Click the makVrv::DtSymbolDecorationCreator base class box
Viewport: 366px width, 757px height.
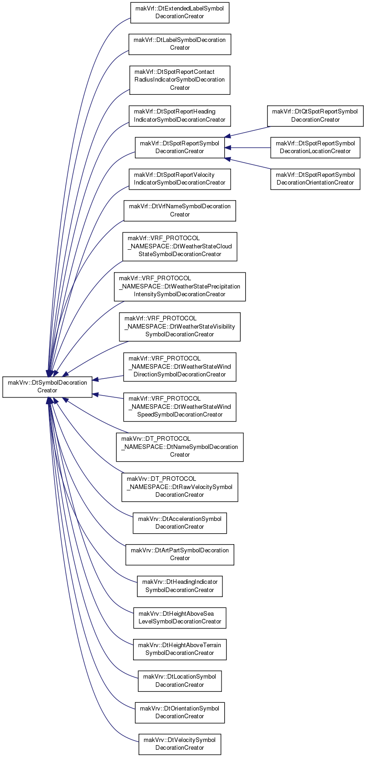(47, 387)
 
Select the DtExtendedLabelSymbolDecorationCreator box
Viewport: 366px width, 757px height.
(180, 13)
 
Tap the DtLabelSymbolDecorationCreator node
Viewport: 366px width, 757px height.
(180, 44)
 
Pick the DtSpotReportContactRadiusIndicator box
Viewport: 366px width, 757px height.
(180, 80)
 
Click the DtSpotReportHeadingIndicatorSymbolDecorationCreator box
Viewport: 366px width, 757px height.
(180, 116)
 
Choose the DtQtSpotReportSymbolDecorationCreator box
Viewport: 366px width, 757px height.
(315, 116)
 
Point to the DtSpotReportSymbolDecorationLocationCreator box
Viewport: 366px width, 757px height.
(315, 148)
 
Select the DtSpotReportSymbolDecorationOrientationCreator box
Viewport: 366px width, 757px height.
(315, 179)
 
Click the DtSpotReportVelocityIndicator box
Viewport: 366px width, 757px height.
(180, 179)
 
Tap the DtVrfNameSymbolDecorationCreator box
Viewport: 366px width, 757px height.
(180, 211)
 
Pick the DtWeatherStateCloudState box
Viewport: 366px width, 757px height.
(180, 247)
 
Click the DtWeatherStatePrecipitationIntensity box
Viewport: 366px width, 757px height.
(180, 287)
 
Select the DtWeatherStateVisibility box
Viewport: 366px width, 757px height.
(180, 327)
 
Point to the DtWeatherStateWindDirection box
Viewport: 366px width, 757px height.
(180, 367)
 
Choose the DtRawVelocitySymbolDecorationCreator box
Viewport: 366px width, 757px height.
(180, 487)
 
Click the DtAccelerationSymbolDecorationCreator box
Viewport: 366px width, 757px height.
(180, 523)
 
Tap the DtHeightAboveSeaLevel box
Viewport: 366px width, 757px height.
(180, 618)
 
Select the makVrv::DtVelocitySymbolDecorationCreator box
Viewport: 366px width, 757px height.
(180, 745)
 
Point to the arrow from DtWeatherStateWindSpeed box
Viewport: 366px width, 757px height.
(108, 396)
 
